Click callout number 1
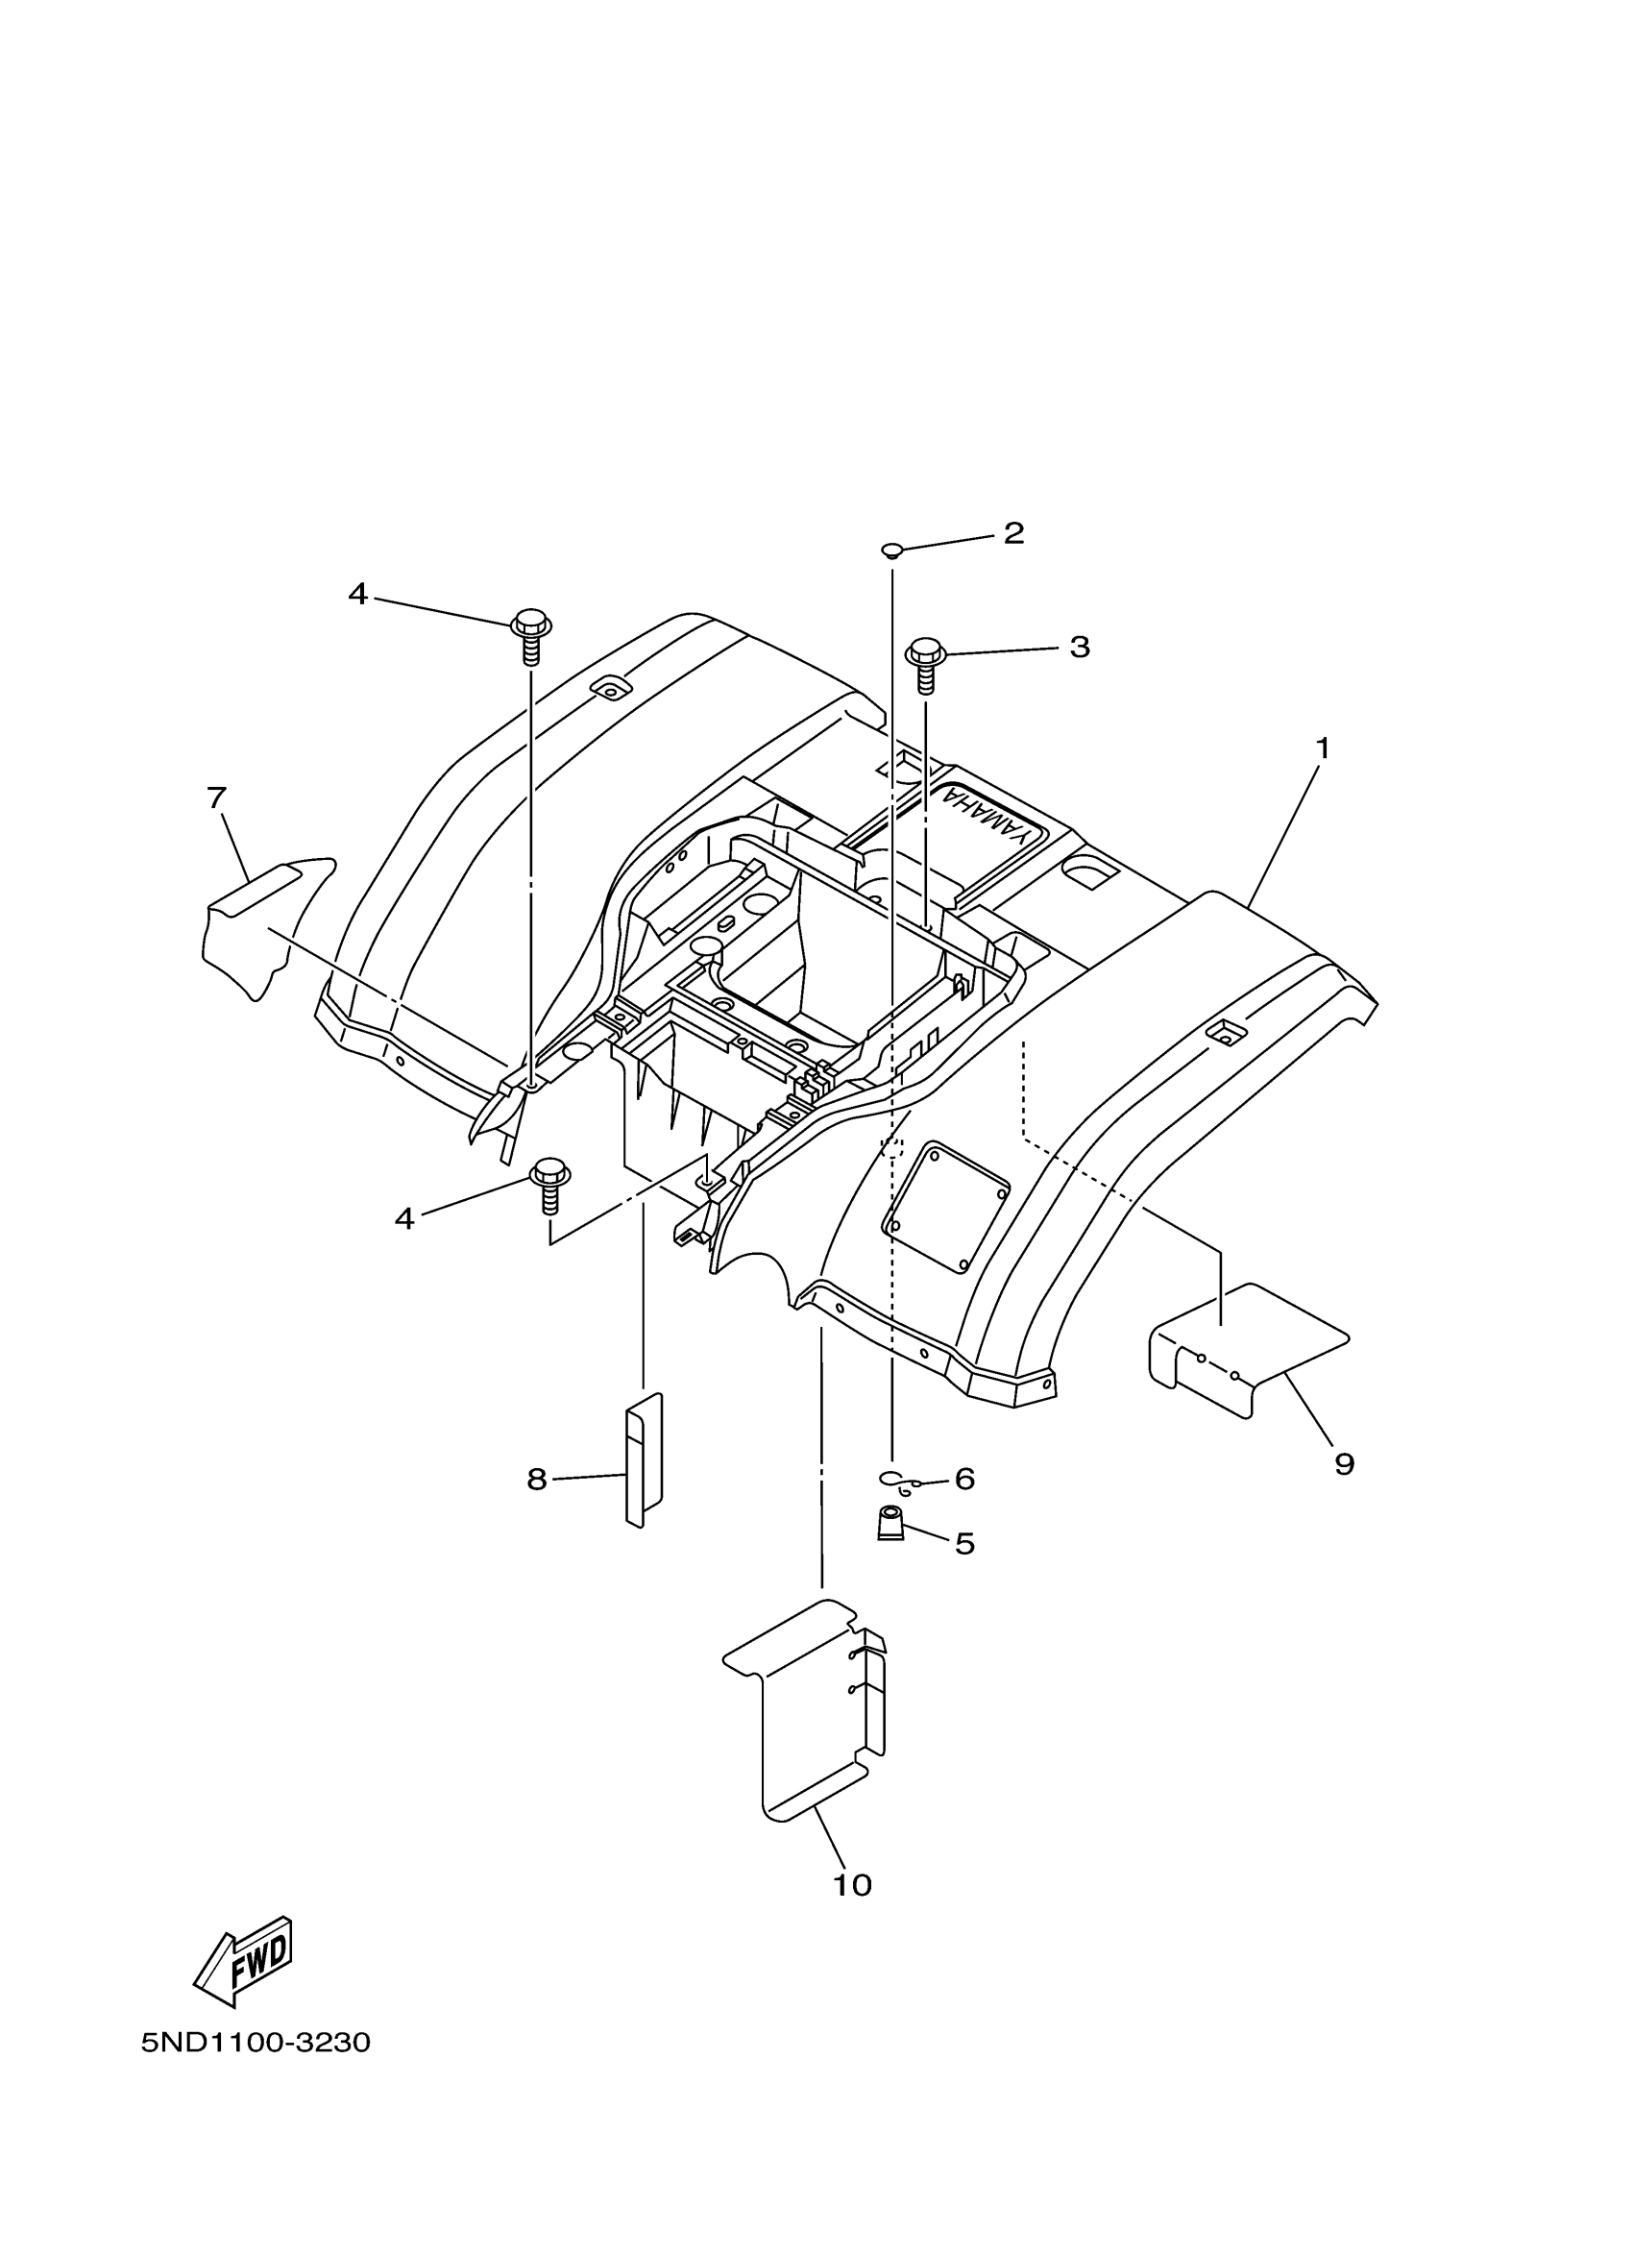[x=1322, y=748]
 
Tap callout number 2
[x=1012, y=534]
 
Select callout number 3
[x=1080, y=648]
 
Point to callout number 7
[x=217, y=797]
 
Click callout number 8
[x=537, y=1480]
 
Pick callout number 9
[x=1344, y=1464]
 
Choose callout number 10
[x=852, y=1885]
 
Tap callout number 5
[x=964, y=1543]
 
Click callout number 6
[x=964, y=1479]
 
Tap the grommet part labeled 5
[x=890, y=1524]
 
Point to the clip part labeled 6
[x=898, y=1482]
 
